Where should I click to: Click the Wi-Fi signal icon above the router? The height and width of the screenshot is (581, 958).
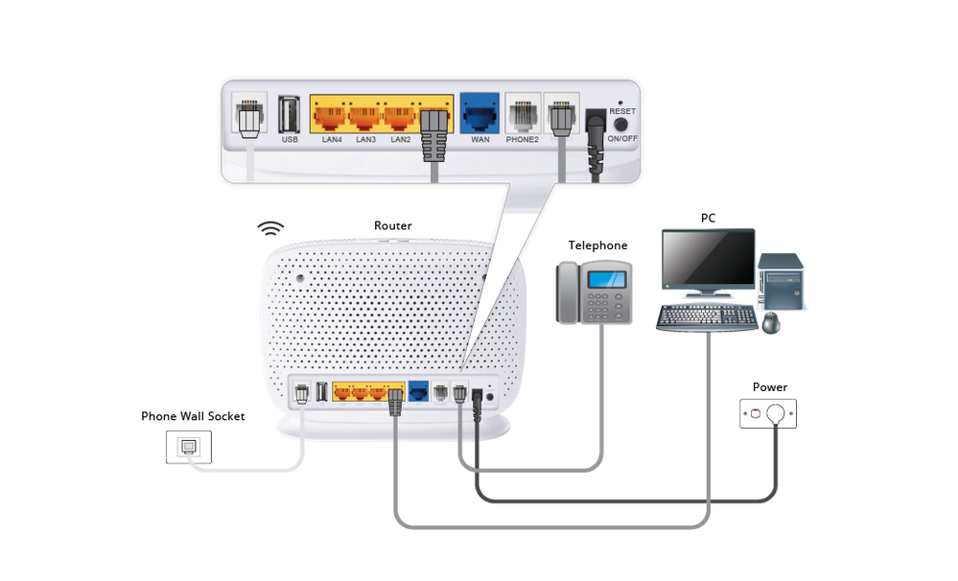(x=271, y=228)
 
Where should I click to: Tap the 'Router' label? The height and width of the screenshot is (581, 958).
(x=393, y=226)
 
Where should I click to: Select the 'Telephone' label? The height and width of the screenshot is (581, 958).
(x=597, y=245)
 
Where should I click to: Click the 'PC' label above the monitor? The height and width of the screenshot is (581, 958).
(x=708, y=218)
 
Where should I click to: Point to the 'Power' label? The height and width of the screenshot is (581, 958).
(x=769, y=387)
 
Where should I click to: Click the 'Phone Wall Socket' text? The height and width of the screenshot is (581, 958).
(x=193, y=416)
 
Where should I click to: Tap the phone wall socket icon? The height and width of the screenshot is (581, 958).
(x=189, y=447)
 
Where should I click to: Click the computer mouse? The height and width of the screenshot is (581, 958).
(x=771, y=323)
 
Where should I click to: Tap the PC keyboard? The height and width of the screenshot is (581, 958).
(x=706, y=318)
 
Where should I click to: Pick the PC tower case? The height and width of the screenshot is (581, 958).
(x=781, y=280)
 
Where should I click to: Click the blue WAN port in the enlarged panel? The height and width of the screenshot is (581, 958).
(x=479, y=114)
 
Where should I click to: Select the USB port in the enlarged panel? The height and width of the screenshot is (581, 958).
(x=289, y=115)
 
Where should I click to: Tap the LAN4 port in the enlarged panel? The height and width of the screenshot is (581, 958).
(x=331, y=117)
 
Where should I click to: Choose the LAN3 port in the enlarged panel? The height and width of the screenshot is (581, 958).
(x=365, y=117)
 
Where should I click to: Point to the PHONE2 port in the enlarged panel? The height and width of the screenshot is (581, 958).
(x=522, y=115)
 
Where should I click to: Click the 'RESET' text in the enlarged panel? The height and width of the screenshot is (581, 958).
(x=622, y=111)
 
